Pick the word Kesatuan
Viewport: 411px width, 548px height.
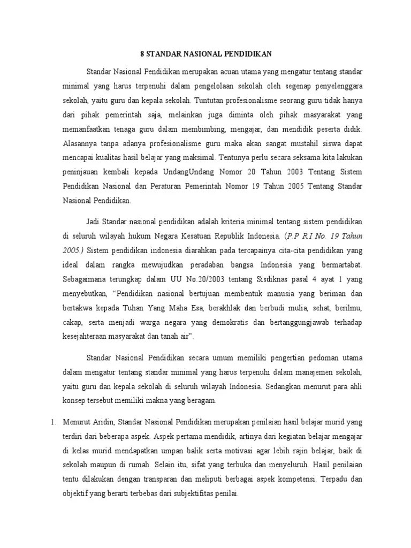197,235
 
